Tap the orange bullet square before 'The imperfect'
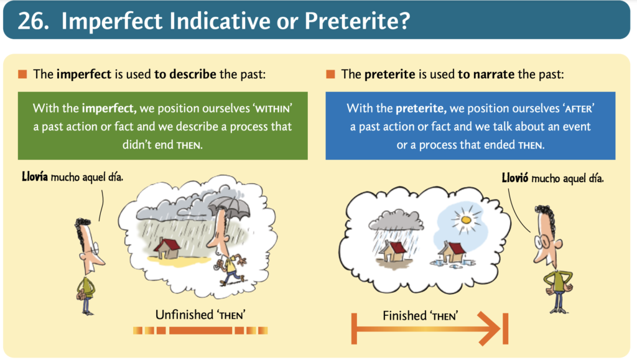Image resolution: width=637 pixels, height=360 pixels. [x=22, y=74]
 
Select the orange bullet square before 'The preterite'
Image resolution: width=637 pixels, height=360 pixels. [x=330, y=74]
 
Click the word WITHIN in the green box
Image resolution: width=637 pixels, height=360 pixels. [x=272, y=109]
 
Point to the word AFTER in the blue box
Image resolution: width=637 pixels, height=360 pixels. [x=579, y=109]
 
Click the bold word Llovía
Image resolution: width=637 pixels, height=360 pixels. [x=35, y=177]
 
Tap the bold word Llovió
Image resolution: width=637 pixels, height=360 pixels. [x=515, y=178]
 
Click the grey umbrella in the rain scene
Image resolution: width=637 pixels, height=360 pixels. [x=230, y=207]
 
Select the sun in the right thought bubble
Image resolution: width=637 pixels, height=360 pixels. [x=465, y=219]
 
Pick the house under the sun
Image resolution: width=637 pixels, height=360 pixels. [x=453, y=252]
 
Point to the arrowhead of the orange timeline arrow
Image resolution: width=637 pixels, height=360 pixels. [x=490, y=328]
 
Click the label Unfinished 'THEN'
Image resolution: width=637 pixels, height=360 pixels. [x=200, y=315]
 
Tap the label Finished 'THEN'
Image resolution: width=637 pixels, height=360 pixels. [x=421, y=316]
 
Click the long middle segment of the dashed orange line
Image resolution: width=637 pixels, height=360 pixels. [x=201, y=330]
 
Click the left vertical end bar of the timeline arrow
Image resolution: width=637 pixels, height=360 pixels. [x=354, y=328]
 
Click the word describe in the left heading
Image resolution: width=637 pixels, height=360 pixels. [x=193, y=74]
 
